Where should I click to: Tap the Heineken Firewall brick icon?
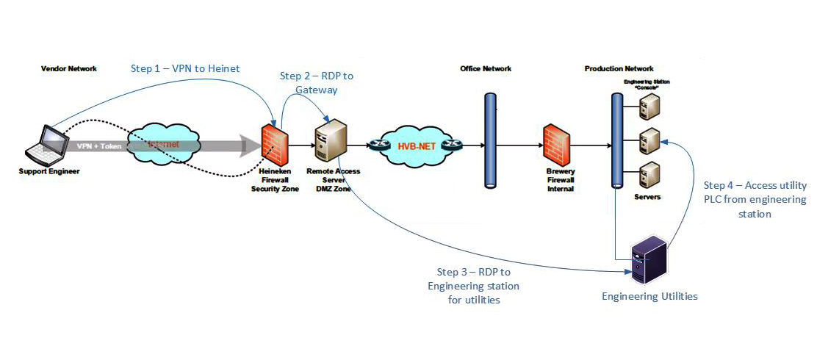pos(275,144)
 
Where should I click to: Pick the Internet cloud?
pos(164,145)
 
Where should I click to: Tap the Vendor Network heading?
pos(68,69)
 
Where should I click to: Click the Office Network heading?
pos(486,69)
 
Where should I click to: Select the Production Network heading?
pos(619,69)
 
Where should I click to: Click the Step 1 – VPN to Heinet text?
pos(185,68)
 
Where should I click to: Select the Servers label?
pos(647,197)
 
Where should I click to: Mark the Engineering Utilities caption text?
pos(649,297)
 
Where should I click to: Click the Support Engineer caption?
pos(49,171)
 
